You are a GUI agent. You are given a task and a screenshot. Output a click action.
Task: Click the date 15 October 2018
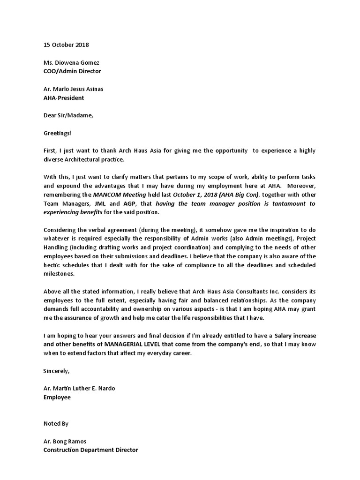pos(66,45)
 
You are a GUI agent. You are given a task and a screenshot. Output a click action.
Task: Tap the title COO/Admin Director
pos(72,71)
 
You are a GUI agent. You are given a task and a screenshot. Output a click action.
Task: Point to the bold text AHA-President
pos(64,98)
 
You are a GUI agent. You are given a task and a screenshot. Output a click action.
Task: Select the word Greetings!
pos(58,134)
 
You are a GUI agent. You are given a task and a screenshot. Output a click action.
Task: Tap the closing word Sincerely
pos(56,371)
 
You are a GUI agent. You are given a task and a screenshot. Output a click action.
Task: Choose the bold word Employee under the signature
pos(57,397)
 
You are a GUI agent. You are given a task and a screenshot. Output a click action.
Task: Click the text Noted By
pos(56,423)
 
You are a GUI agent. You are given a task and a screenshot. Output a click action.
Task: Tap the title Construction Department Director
pos(90,450)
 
